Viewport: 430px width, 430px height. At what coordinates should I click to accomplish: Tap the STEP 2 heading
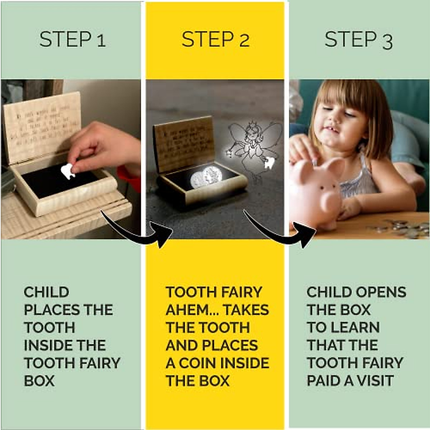pos(215,39)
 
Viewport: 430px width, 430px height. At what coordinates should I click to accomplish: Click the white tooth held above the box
pos(67,171)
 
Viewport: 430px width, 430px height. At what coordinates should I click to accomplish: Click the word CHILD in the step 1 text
pos(46,292)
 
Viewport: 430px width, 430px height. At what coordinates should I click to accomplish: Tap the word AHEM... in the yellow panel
pos(192,310)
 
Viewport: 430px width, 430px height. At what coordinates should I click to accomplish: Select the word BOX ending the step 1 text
pos(39,381)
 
